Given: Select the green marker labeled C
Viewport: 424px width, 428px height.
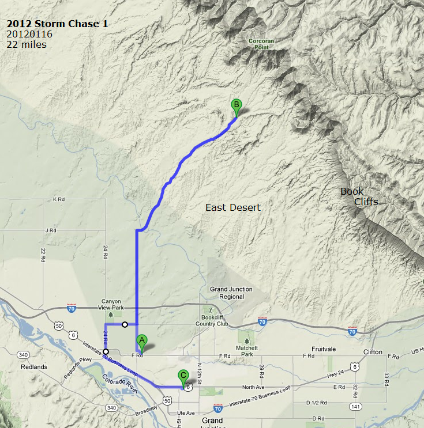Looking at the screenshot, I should pyautogui.click(x=183, y=376).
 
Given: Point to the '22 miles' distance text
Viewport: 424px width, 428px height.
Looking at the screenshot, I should pyautogui.click(x=27, y=44).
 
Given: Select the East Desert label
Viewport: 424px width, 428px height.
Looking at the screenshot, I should pyautogui.click(x=233, y=207).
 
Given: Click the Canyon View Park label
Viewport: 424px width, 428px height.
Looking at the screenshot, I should pyautogui.click(x=112, y=304).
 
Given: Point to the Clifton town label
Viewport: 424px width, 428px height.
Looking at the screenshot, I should pyautogui.click(x=373, y=351).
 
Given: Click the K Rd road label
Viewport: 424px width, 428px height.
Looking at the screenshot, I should pyautogui.click(x=59, y=199).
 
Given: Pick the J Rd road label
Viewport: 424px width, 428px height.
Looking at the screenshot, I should pyautogui.click(x=51, y=230).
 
